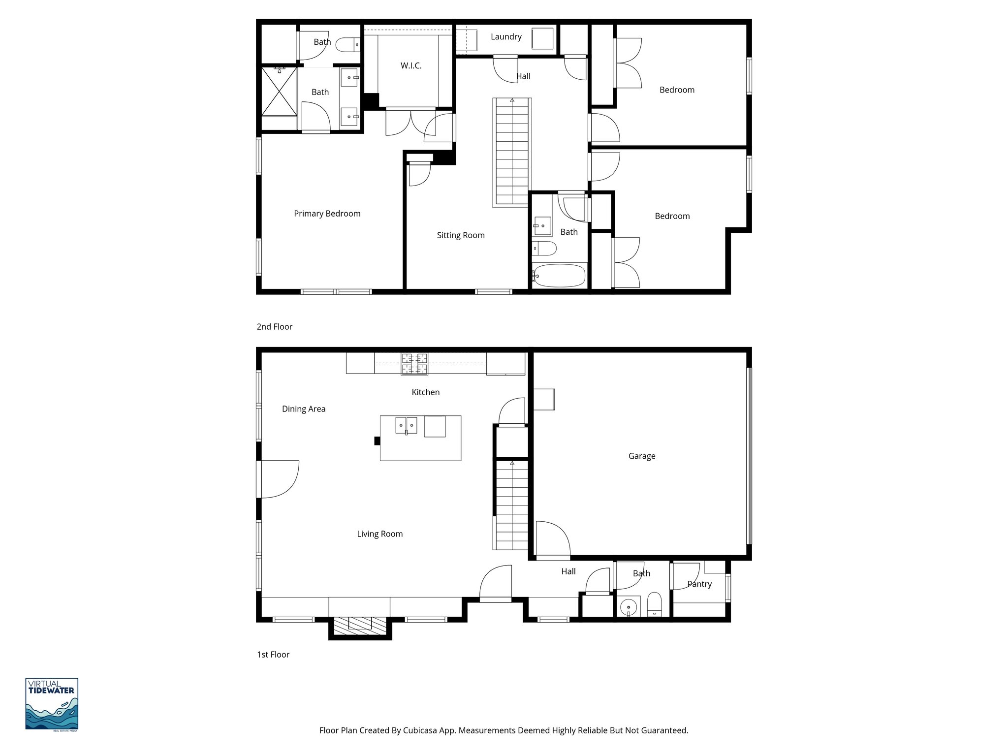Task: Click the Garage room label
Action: pyautogui.click(x=641, y=456)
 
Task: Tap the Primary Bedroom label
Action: pyautogui.click(x=327, y=213)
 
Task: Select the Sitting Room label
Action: pyautogui.click(x=460, y=235)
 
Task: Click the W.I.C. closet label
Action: pyautogui.click(x=410, y=65)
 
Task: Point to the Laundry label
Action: pyautogui.click(x=505, y=36)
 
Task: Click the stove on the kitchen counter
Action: pyautogui.click(x=414, y=364)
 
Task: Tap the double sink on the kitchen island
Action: pyautogui.click(x=406, y=425)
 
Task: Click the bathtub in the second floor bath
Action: pyautogui.click(x=560, y=276)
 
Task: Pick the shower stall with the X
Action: pyautogui.click(x=279, y=92)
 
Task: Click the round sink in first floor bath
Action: pyautogui.click(x=629, y=607)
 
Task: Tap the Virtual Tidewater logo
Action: pyautogui.click(x=52, y=704)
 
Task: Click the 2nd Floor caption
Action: pyautogui.click(x=274, y=327)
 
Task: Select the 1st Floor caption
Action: pyautogui.click(x=273, y=655)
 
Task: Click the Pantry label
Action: pyautogui.click(x=699, y=584)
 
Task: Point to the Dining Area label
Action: pyautogui.click(x=303, y=409)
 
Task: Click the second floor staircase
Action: pyautogui.click(x=512, y=153)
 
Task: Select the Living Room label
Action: pyautogui.click(x=379, y=534)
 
